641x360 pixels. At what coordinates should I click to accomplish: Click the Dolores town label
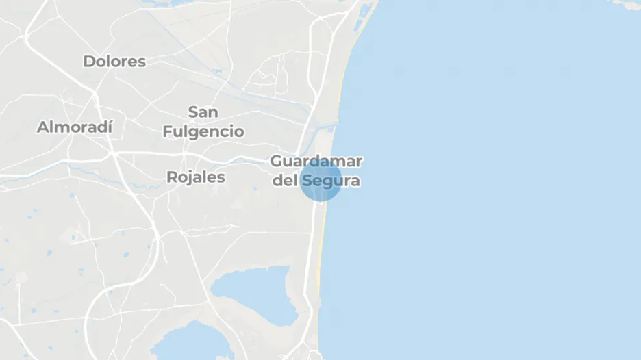pyautogui.click(x=114, y=62)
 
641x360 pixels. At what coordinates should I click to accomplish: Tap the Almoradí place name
pyautogui.click(x=75, y=127)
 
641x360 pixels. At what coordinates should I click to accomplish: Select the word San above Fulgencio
pyautogui.click(x=203, y=112)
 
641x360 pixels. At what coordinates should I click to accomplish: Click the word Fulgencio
pyautogui.click(x=203, y=131)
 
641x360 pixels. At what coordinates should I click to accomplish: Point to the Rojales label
pyautogui.click(x=196, y=177)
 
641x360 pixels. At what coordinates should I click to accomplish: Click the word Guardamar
pyautogui.click(x=316, y=162)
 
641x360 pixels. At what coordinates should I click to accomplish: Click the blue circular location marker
pyautogui.click(x=320, y=180)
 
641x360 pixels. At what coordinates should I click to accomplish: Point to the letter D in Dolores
pyautogui.click(x=89, y=62)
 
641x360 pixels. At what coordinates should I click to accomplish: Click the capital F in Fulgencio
pyautogui.click(x=168, y=131)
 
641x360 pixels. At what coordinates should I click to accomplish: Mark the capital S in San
pyautogui.click(x=192, y=112)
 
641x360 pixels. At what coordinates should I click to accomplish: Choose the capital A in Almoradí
pyautogui.click(x=42, y=127)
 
